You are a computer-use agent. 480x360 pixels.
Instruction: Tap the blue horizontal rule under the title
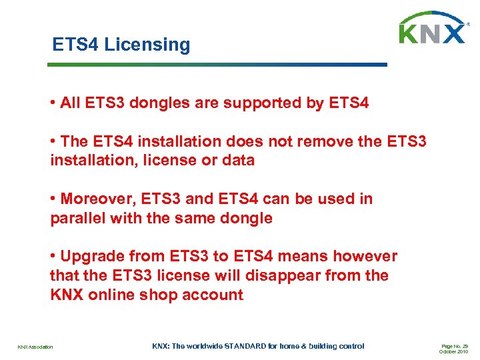click(217, 65)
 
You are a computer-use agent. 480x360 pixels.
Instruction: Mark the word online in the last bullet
click(112, 295)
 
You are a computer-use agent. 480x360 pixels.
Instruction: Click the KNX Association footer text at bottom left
click(35, 347)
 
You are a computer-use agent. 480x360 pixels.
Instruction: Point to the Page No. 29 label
click(455, 345)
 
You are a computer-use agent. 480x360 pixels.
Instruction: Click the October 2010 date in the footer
click(453, 351)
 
